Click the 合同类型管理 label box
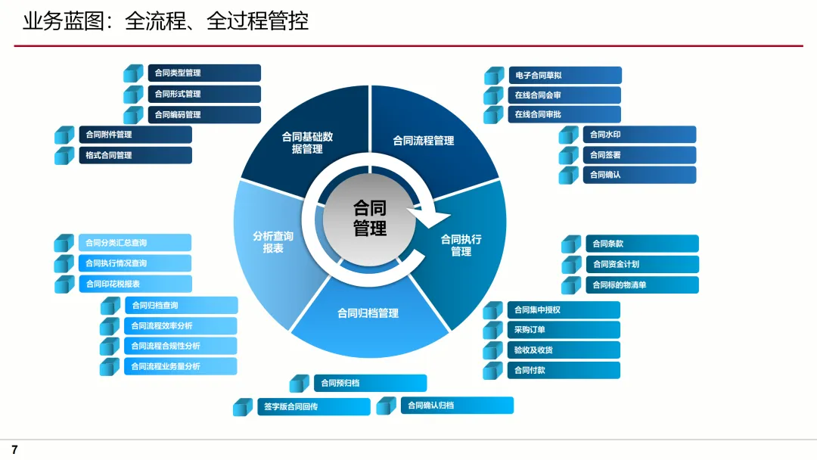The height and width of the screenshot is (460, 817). (x=203, y=73)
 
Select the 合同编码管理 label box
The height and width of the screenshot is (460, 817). (x=203, y=115)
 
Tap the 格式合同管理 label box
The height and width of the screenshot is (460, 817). (x=135, y=155)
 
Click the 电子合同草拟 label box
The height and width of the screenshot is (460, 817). (x=564, y=76)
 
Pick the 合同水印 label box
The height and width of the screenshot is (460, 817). (x=639, y=135)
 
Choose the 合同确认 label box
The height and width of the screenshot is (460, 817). (x=639, y=175)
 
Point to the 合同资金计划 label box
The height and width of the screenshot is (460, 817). (x=641, y=264)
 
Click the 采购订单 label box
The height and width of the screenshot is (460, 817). (x=564, y=330)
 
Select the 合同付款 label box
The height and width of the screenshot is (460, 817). (x=564, y=371)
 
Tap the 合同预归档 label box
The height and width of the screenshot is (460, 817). (x=370, y=383)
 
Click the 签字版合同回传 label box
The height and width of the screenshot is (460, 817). (x=313, y=406)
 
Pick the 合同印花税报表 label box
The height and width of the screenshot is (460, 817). (x=135, y=284)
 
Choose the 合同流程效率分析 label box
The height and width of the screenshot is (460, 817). (x=180, y=326)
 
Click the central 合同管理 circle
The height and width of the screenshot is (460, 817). (x=370, y=218)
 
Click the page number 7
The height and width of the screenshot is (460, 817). (x=14, y=449)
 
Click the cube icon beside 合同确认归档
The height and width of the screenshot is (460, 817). (x=387, y=406)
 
